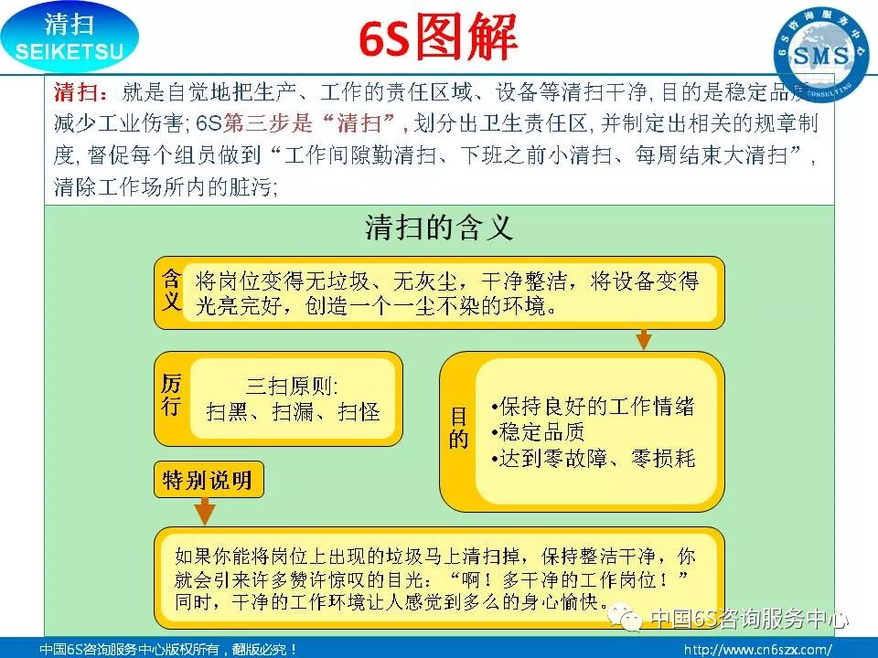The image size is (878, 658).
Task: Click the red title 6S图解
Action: (437, 37)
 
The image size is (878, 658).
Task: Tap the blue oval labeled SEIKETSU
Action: (70, 37)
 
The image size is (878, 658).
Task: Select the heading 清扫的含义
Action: (439, 228)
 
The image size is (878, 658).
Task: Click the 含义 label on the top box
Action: (171, 290)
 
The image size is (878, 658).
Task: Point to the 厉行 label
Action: (171, 395)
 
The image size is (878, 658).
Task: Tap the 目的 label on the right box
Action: (458, 429)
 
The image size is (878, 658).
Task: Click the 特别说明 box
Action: (209, 480)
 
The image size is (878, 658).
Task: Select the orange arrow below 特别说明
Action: (205, 511)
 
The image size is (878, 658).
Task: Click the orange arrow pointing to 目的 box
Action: (644, 339)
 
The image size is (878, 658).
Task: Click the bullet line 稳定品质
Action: (538, 432)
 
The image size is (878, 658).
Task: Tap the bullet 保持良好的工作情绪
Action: (593, 406)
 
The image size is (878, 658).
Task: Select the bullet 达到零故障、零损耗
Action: (593, 458)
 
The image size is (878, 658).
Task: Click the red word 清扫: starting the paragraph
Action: (81, 92)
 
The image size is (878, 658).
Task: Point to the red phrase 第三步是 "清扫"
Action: (314, 123)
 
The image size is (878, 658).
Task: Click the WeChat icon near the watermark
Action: (626, 618)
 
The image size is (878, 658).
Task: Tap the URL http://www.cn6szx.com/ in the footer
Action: (757, 650)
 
